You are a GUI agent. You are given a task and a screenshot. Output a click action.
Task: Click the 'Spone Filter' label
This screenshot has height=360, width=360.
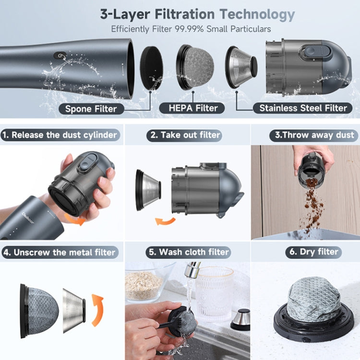(91, 108)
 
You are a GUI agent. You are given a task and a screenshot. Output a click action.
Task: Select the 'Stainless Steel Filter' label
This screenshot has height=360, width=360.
(303, 108)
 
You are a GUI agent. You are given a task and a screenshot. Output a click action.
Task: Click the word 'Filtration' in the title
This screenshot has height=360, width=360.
(185, 14)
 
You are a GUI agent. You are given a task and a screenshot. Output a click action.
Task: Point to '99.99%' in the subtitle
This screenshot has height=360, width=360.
(189, 29)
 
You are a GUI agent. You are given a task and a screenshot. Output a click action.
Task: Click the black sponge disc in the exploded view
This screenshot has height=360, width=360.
(152, 68)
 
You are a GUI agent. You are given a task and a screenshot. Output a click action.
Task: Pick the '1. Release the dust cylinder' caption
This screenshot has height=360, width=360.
(60, 135)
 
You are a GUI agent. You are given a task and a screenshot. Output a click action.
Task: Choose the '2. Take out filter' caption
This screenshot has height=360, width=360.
(184, 135)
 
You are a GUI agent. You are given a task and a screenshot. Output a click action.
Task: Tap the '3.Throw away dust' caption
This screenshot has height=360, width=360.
(314, 135)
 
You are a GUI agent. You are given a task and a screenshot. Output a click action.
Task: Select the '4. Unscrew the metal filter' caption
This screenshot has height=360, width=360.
(60, 252)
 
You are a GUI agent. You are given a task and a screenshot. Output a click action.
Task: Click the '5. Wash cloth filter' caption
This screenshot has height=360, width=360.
(188, 252)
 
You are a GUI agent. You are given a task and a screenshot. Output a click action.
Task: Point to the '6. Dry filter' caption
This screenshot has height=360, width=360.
(313, 252)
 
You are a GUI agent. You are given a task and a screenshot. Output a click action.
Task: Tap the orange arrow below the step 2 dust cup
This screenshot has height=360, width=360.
(165, 222)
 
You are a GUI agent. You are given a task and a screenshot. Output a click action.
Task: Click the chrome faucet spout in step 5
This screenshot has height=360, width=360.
(192, 269)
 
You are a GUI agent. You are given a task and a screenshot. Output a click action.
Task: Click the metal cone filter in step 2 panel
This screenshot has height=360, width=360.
(148, 190)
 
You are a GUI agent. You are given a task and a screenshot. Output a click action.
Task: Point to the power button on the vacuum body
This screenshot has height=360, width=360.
(60, 55)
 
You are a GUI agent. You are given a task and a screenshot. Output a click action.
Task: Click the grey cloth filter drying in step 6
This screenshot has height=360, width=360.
(313, 299)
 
